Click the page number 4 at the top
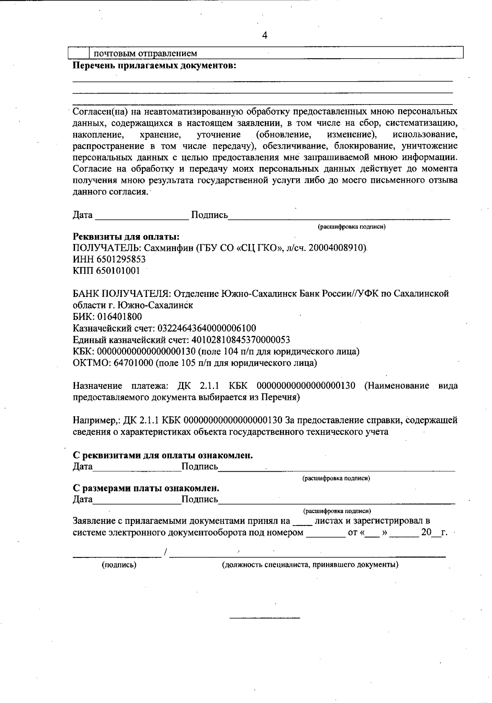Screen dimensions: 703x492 click(x=264, y=36)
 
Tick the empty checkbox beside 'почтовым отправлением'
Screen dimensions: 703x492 click(x=79, y=53)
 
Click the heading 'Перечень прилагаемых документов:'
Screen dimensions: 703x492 click(x=155, y=66)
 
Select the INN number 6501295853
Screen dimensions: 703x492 click(x=121, y=259)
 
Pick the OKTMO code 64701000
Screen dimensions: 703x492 click(x=133, y=363)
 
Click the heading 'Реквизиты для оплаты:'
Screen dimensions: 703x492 click(x=126, y=237)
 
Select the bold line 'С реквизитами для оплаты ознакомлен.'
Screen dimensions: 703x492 click(x=163, y=455)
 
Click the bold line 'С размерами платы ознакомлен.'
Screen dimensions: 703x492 click(x=146, y=488)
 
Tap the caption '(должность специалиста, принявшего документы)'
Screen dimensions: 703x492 click(x=310, y=565)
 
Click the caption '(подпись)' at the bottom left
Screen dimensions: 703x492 click(x=119, y=565)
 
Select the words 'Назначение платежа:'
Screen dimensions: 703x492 click(x=121, y=386)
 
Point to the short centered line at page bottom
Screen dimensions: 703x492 click(x=264, y=617)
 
